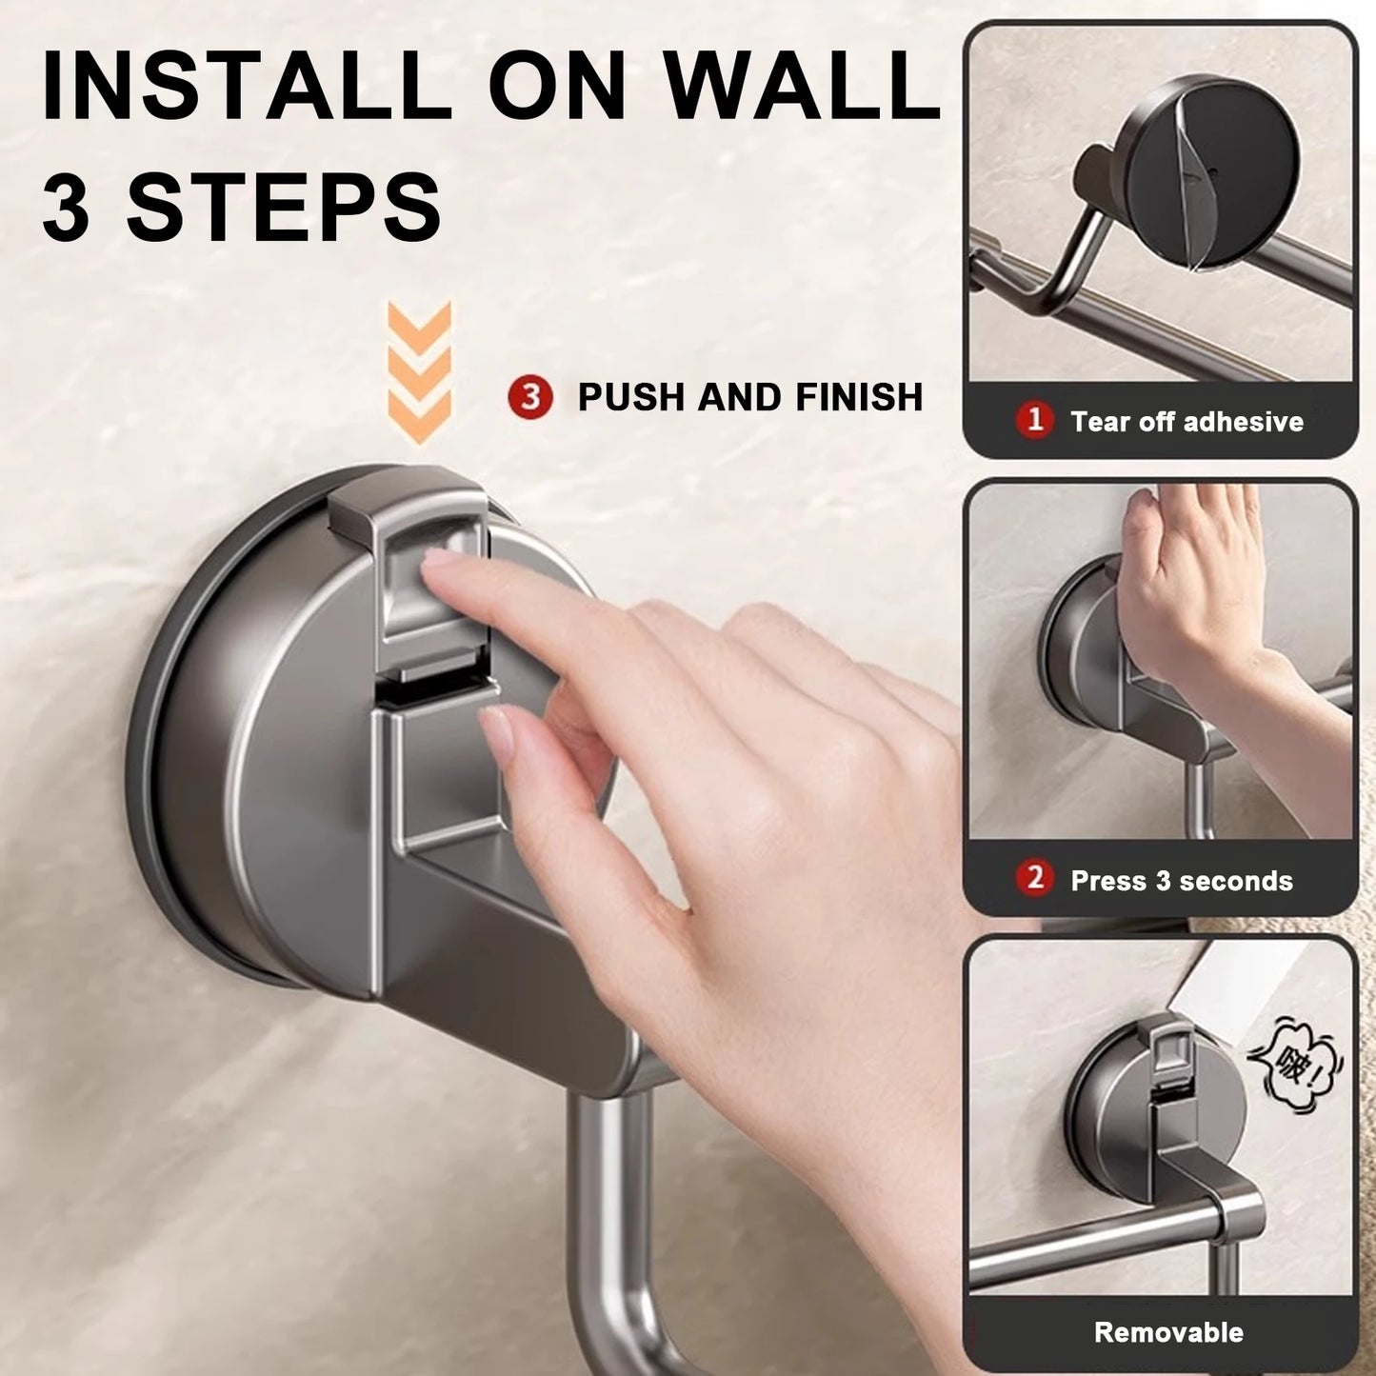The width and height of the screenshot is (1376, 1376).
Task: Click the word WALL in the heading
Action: tap(802, 88)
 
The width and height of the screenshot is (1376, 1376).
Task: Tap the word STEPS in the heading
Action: tap(284, 206)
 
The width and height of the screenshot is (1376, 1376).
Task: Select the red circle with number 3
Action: tap(530, 397)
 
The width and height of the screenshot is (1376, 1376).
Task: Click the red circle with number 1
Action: tap(1035, 420)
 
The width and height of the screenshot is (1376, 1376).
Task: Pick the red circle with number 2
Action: tap(1035, 879)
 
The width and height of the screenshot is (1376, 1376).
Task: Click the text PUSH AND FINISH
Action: tap(750, 397)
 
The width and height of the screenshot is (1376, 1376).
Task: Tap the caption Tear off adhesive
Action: tap(1187, 421)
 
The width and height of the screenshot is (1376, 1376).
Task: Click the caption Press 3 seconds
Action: tap(1182, 881)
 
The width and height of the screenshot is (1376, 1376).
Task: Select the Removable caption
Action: tap(1168, 1331)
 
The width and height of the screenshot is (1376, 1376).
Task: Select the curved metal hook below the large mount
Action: tap(609, 1238)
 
